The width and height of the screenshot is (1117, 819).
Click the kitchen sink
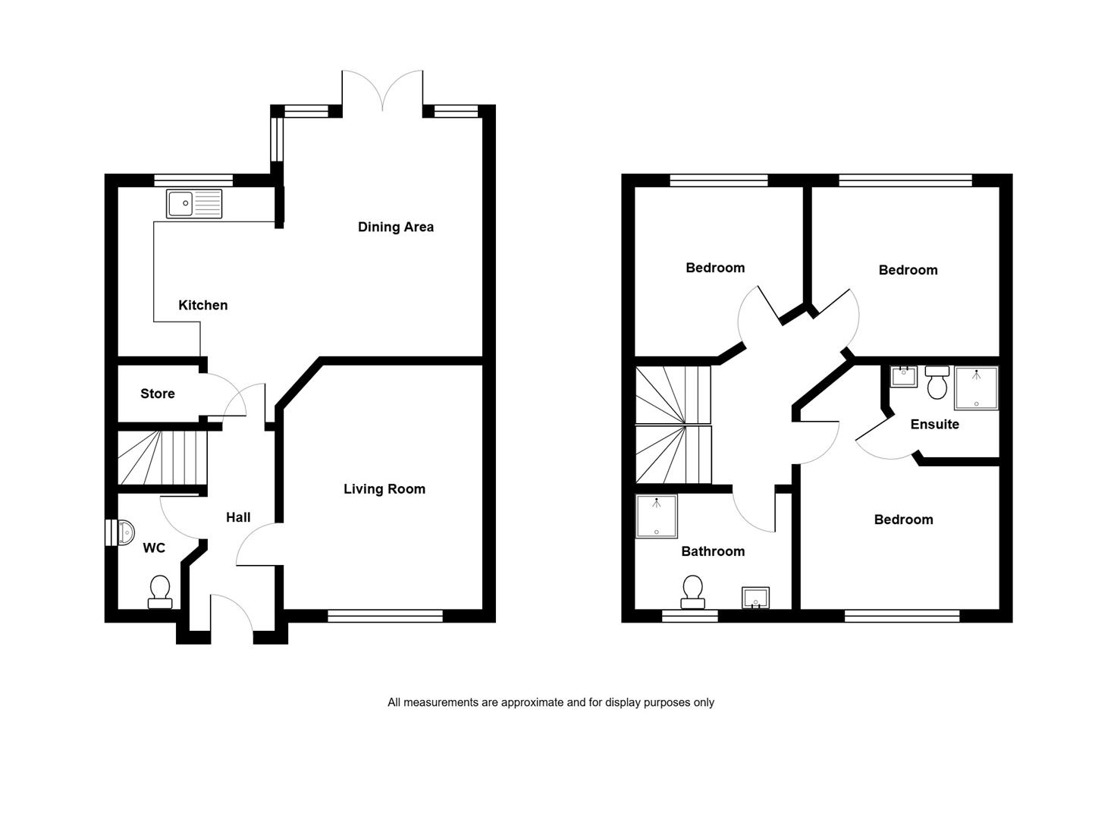click(194, 203)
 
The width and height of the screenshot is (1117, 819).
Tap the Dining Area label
click(396, 227)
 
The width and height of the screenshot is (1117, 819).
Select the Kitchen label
click(203, 306)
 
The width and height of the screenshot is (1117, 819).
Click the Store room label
click(158, 394)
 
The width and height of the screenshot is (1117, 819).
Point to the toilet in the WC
click(160, 592)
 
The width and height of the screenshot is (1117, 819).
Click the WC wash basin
click(126, 532)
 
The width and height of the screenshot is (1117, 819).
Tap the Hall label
click(238, 517)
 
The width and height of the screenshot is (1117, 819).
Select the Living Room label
click(384, 489)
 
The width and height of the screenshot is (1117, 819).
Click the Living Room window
click(385, 616)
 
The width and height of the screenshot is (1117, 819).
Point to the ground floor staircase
click(162, 457)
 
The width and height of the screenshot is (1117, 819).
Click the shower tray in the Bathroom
click(657, 516)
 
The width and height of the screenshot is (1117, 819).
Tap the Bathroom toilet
click(692, 592)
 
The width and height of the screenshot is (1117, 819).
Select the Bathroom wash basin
click(755, 598)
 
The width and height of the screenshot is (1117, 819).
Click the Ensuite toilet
click(937, 382)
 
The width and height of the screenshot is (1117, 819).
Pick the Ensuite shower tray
click(977, 388)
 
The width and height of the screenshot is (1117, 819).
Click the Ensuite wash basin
click(904, 377)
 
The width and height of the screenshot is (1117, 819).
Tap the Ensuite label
click(935, 425)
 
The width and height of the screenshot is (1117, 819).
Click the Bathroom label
click(713, 551)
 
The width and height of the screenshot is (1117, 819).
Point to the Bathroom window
click(689, 616)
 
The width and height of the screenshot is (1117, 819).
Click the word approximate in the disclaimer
click(532, 703)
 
